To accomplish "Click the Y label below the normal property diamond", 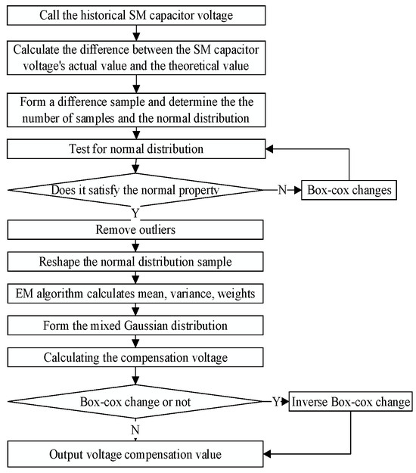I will [135, 212].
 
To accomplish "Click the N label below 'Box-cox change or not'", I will [135, 428].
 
